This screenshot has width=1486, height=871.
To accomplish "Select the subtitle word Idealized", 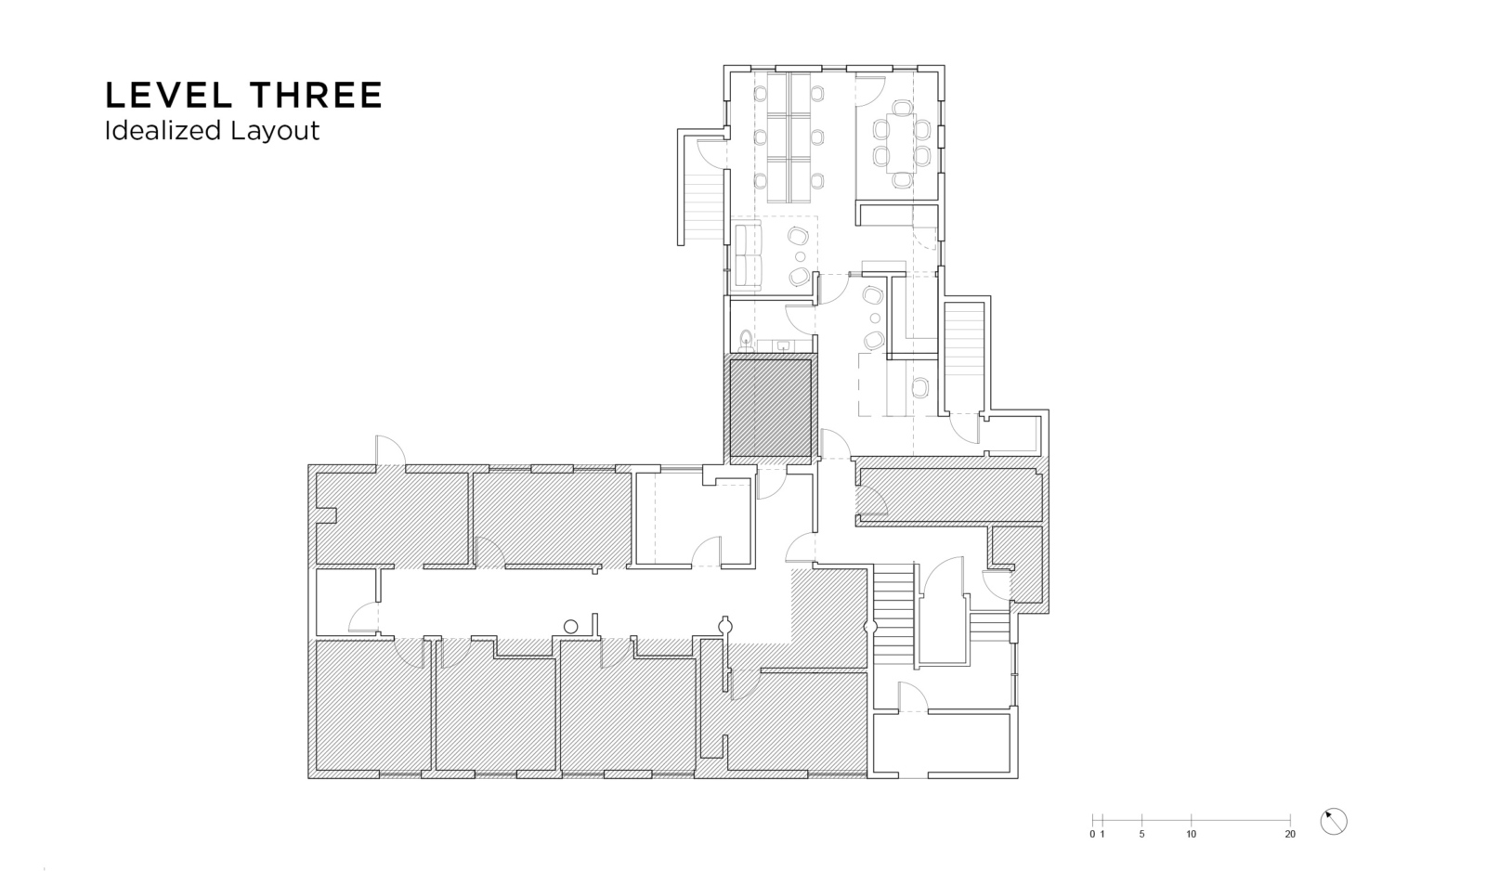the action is click(163, 131).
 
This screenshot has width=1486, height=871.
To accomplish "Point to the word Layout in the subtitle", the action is click(275, 131).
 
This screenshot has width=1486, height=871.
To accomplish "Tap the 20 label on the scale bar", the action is click(1290, 835).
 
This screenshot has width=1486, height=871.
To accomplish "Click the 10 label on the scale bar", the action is click(1192, 835).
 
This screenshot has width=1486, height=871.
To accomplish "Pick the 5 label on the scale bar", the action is click(1141, 835).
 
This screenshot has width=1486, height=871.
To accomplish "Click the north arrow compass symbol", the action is click(1334, 822).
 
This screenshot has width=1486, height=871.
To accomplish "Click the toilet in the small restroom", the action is click(746, 341).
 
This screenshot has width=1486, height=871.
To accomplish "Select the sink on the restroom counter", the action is click(784, 345).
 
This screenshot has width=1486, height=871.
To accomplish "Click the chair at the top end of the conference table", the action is click(902, 107).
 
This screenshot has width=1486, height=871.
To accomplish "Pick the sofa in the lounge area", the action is click(748, 257).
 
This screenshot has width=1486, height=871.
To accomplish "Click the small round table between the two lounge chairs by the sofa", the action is click(800, 256).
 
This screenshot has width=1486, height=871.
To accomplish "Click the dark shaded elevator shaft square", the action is click(770, 408).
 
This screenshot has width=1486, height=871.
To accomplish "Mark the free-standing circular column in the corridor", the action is click(570, 626).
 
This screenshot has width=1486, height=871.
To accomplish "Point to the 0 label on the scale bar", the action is click(1092, 835).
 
